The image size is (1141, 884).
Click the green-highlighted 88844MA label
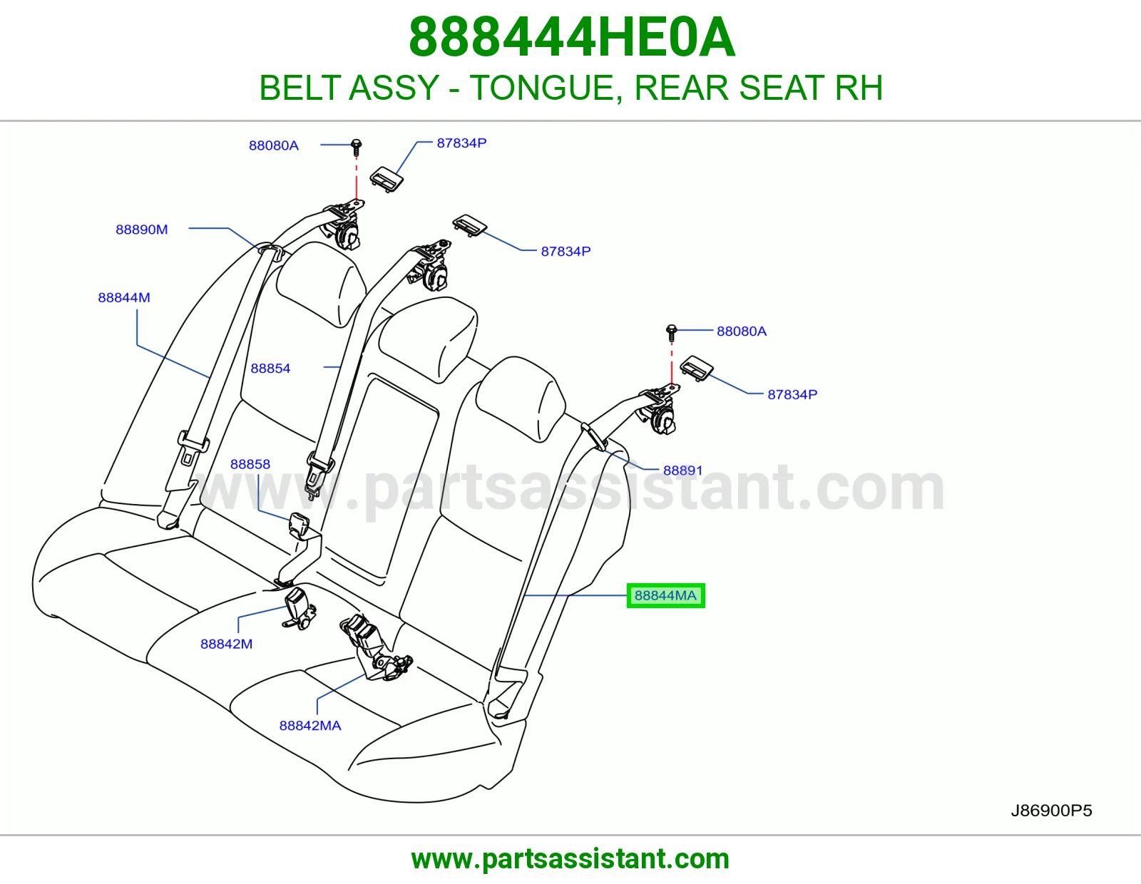[x=665, y=595]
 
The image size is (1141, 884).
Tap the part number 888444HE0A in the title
[x=573, y=37]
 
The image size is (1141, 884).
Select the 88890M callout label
[x=142, y=230]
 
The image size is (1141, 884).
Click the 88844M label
[x=124, y=298]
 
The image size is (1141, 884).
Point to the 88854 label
[x=270, y=369]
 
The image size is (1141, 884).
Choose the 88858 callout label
[x=250, y=464]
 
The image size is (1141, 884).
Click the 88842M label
[x=226, y=644]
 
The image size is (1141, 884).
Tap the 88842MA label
[x=310, y=726]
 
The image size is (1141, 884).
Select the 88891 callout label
[x=682, y=471]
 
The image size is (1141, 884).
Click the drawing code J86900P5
[x=1051, y=811]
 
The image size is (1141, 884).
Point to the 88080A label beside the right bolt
[x=742, y=331]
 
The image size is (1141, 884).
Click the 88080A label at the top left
[x=274, y=145]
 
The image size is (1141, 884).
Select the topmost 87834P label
[x=461, y=143]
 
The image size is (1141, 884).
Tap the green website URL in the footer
[x=570, y=859]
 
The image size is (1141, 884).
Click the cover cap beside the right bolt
[x=696, y=369]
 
